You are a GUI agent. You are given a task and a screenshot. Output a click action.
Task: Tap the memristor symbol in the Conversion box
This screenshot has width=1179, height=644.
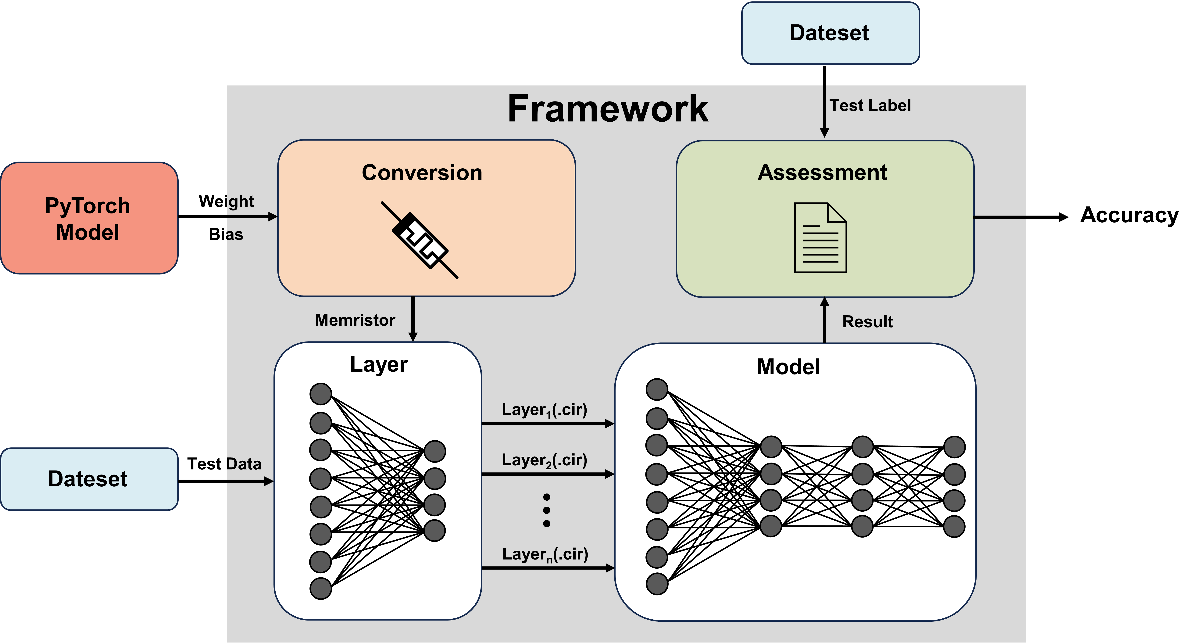pyautogui.click(x=420, y=240)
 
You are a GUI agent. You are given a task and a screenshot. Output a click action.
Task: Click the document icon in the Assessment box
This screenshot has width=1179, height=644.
pyautogui.click(x=820, y=238)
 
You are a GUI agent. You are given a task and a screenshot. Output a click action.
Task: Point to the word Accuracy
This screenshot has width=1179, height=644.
pyautogui.click(x=1129, y=215)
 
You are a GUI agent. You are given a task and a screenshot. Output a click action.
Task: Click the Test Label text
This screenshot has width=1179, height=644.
pyautogui.click(x=870, y=106)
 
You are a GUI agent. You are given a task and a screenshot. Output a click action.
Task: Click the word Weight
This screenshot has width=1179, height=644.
pyautogui.click(x=226, y=201)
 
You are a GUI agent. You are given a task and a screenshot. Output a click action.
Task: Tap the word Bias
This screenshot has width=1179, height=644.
pyautogui.click(x=226, y=234)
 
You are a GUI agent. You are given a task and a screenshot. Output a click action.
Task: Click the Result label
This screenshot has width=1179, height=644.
pyautogui.click(x=867, y=322)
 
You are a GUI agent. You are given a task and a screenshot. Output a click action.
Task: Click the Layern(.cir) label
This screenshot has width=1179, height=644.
pyautogui.click(x=545, y=554)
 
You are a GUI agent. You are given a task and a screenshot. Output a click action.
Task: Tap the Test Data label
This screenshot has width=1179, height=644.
pyautogui.click(x=224, y=464)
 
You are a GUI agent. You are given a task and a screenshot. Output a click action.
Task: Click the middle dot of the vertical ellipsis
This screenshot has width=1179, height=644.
pyautogui.click(x=546, y=510)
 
